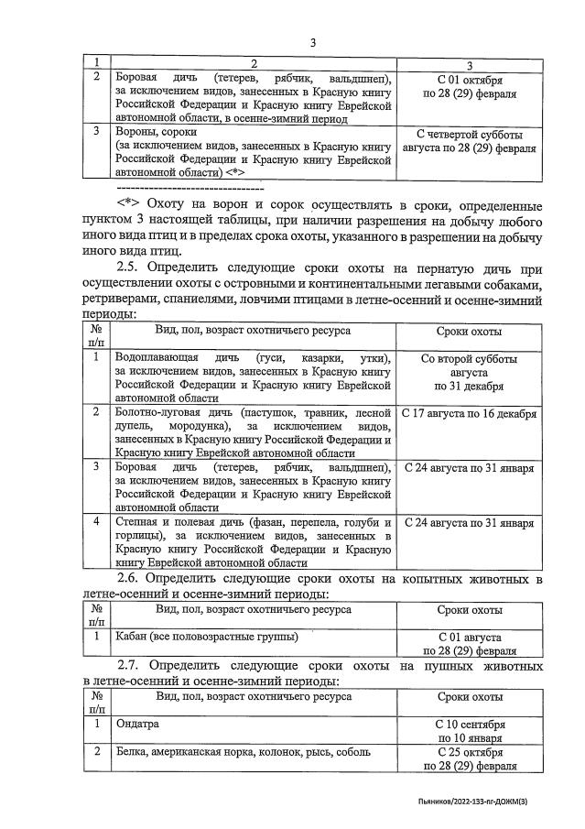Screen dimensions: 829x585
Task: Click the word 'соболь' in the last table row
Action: click(353, 752)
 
